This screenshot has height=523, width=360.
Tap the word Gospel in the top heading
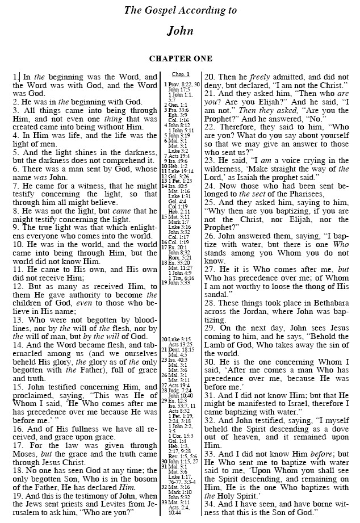point(160,10)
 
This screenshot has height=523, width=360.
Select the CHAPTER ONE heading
point(181,58)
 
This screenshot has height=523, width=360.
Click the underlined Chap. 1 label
point(180,74)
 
